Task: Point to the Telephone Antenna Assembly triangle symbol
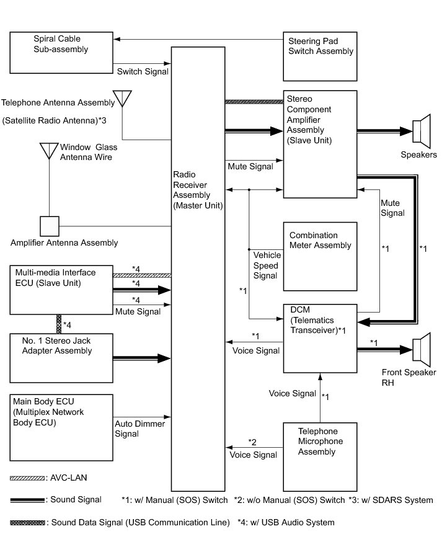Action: [x=122, y=99]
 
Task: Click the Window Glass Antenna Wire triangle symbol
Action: [x=49, y=151]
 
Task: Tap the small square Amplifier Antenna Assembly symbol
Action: [x=50, y=226]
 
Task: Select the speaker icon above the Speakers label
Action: [x=422, y=131]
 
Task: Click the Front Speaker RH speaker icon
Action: [x=422, y=350]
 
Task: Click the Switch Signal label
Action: [x=143, y=71]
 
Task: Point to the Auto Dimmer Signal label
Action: [x=139, y=429]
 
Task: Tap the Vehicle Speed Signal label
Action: [x=267, y=265]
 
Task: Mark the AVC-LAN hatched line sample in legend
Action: [x=27, y=478]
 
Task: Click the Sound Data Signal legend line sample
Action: [x=27, y=523]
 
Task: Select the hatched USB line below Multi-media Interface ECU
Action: [x=59, y=324]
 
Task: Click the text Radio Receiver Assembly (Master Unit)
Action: [x=198, y=190]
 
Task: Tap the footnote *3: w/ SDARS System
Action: [x=391, y=500]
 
